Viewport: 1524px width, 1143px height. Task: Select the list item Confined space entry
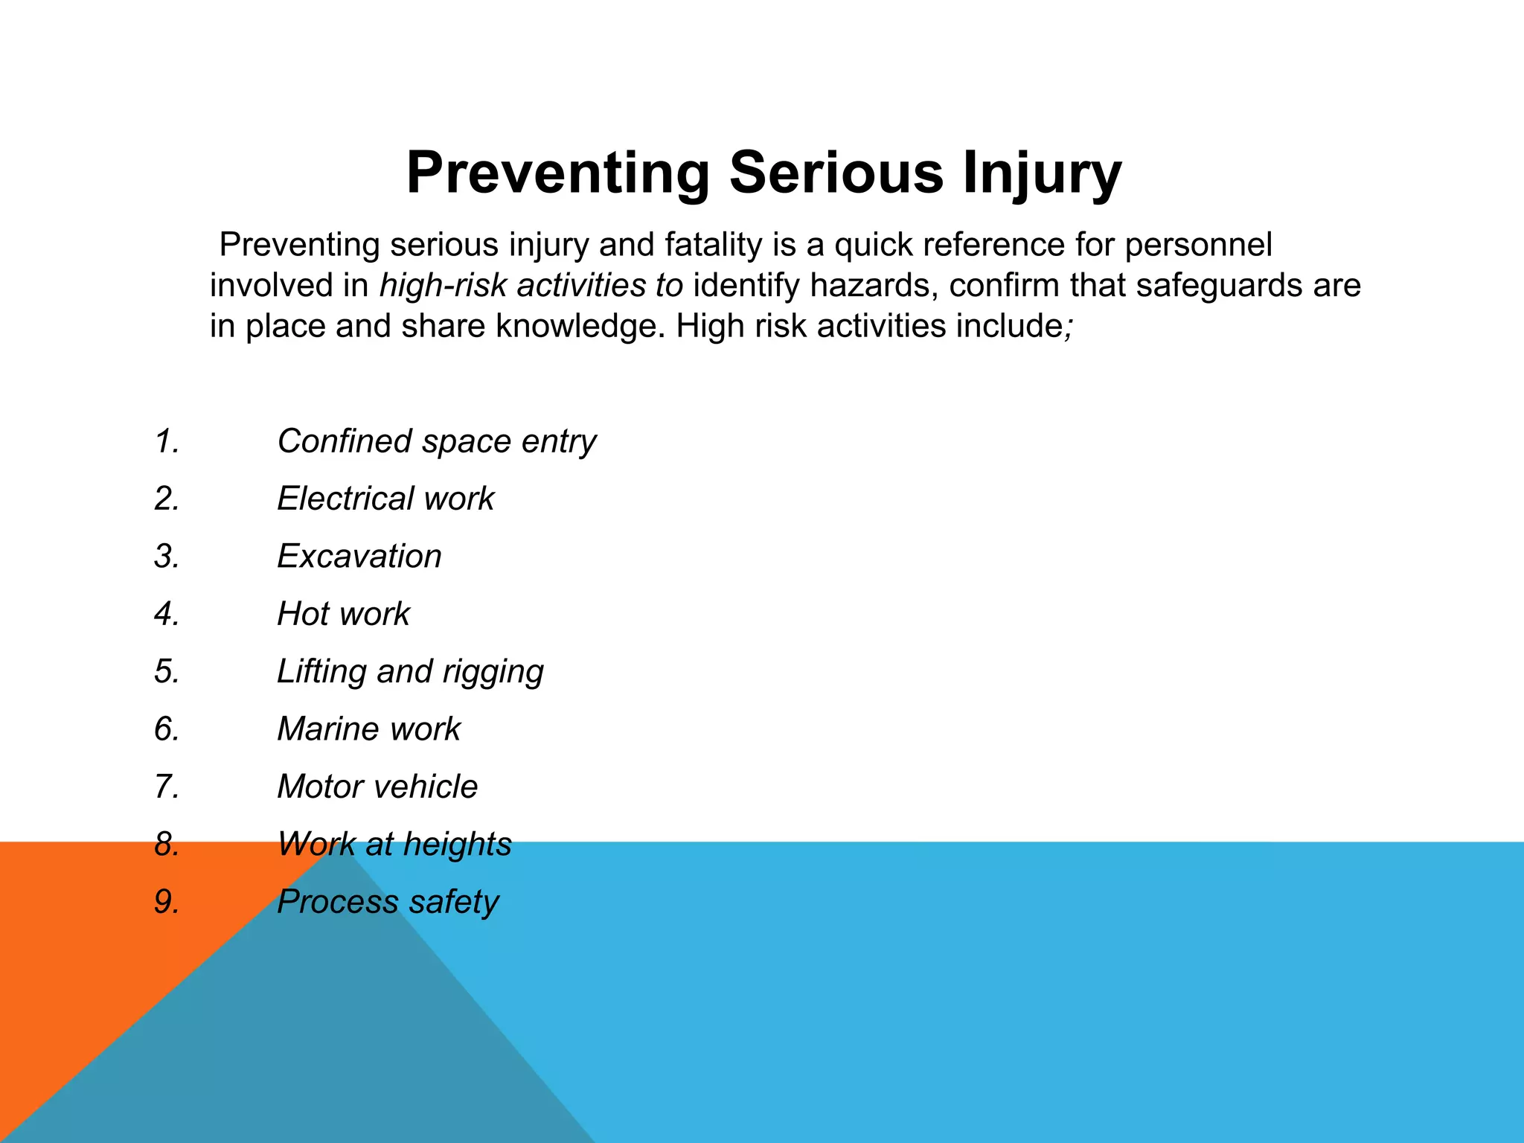click(436, 441)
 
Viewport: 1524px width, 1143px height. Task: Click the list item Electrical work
click(385, 499)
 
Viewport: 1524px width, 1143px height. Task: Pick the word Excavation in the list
click(359, 557)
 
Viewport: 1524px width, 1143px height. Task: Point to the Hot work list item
click(343, 614)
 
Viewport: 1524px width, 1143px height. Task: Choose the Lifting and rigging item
click(410, 671)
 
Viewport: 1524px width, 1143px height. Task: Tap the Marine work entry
click(368, 729)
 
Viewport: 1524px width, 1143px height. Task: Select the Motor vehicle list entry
click(377, 787)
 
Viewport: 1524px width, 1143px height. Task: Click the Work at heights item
click(394, 845)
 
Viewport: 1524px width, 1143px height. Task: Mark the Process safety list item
click(388, 902)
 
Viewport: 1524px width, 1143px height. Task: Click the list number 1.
click(167, 441)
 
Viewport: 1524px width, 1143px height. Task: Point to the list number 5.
click(167, 671)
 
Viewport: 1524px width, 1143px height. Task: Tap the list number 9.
click(167, 902)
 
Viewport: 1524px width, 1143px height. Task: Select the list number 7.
click(167, 787)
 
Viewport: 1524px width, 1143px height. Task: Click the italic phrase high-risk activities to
click(531, 286)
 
